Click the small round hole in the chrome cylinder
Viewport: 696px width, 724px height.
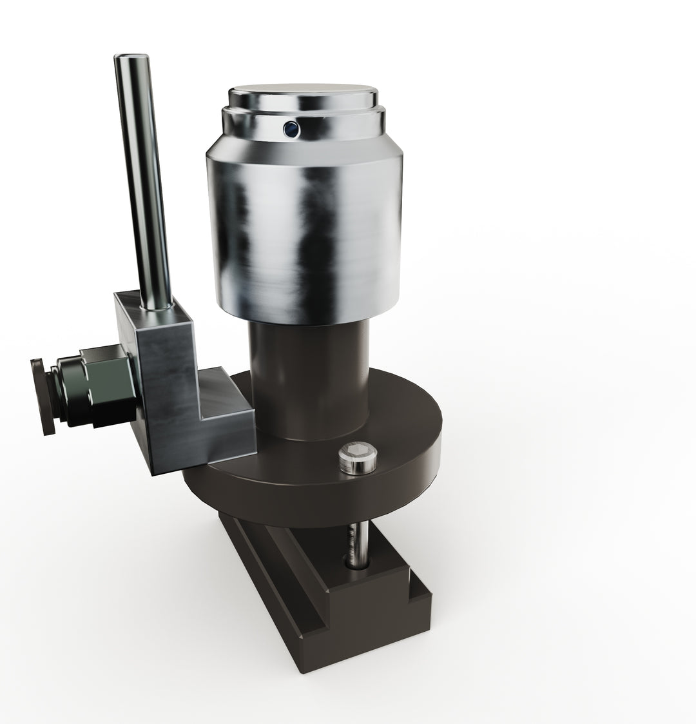[291, 129]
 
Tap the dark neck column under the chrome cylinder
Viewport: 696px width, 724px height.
[309, 380]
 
